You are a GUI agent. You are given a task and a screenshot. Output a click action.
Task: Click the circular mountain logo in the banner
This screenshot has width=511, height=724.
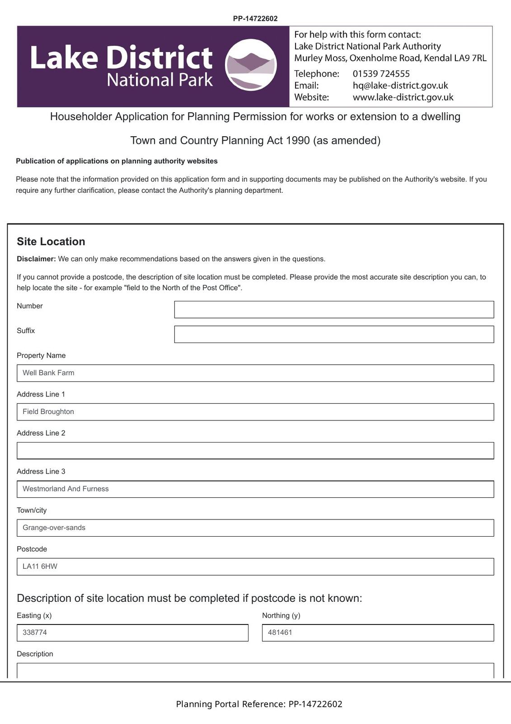(x=251, y=65)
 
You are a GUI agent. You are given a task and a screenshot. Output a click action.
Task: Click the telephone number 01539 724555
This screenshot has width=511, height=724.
(x=381, y=74)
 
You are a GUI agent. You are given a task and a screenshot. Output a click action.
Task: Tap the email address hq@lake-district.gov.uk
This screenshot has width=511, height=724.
(x=400, y=86)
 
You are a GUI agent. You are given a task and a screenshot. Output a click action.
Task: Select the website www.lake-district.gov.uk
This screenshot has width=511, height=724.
(x=403, y=97)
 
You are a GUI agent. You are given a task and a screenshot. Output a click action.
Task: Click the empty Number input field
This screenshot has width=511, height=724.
(x=334, y=310)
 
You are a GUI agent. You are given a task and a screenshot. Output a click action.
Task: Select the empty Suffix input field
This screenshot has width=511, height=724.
(x=334, y=334)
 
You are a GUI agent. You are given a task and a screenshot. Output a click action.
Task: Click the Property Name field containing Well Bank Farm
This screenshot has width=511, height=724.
(x=255, y=373)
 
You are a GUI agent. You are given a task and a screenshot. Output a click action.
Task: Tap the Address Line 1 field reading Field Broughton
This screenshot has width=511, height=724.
(x=255, y=412)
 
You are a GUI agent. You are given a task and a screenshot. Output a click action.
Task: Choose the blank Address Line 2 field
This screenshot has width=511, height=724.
(x=255, y=451)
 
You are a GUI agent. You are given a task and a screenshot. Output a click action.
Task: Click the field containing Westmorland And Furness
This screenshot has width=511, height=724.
(x=255, y=489)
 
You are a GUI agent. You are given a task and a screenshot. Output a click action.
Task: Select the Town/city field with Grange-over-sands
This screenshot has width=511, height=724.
(x=255, y=528)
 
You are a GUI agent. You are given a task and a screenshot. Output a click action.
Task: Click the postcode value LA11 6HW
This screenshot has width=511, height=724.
(x=40, y=567)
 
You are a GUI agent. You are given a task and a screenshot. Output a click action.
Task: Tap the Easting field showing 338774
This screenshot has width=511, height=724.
(x=132, y=633)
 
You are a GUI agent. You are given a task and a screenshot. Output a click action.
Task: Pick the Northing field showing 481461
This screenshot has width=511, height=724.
(x=378, y=633)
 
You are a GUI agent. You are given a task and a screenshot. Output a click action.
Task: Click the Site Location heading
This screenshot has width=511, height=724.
(x=51, y=242)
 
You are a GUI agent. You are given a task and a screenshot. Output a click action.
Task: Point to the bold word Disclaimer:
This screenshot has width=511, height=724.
(x=36, y=259)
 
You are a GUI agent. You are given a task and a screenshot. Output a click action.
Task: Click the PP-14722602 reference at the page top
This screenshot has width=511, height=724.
(x=255, y=19)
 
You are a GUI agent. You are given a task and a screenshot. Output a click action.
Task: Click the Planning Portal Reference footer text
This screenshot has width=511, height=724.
(x=259, y=704)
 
